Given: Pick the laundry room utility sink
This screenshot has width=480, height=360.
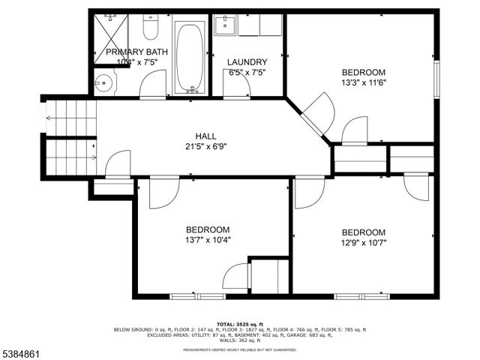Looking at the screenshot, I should point(224,27).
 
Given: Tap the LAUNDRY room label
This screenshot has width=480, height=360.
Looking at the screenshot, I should point(247,62).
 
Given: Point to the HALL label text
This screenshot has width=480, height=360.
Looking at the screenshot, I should point(205,136).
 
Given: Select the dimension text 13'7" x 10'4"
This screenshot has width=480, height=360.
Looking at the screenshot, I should point(208,241).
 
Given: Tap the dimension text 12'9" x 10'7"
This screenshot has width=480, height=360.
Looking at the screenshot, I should point(364,243).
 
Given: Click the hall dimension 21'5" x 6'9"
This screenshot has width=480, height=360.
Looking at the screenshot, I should point(205,147).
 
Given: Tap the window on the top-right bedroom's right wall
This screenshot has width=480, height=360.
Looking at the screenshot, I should point(438,76).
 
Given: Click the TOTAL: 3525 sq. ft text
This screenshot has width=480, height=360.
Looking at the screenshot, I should point(240,322).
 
